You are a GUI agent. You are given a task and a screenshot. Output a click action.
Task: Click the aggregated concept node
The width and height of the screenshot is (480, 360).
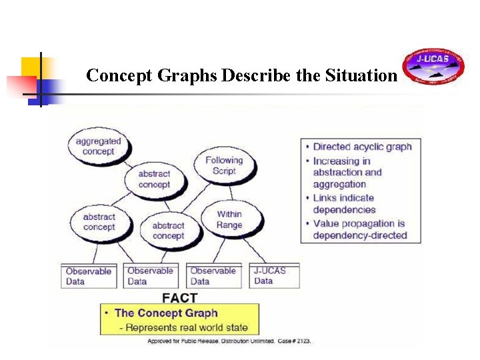[98, 146]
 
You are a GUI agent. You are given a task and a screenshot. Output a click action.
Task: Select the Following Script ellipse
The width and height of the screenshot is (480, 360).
[224, 165]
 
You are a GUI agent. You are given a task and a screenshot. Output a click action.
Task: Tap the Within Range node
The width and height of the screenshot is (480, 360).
[229, 219]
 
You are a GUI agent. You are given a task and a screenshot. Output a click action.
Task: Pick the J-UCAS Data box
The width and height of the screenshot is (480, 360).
[275, 275]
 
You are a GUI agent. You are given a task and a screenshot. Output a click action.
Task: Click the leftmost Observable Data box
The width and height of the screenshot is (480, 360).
[89, 276]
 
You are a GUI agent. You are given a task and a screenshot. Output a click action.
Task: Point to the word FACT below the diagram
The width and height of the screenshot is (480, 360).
[180, 297]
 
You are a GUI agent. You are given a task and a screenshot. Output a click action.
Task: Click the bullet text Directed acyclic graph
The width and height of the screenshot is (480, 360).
[362, 147]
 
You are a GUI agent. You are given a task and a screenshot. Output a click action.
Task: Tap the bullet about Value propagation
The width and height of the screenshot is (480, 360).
[359, 229]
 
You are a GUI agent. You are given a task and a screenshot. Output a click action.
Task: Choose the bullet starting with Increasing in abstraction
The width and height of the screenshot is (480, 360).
[347, 172]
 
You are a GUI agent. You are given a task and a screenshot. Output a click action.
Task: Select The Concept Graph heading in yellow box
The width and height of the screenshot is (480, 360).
[166, 313]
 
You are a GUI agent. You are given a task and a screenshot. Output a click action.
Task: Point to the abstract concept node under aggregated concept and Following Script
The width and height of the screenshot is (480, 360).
[154, 179]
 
